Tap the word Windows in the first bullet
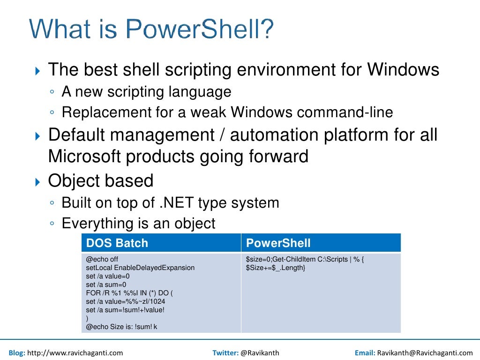pyautogui.click(x=403, y=70)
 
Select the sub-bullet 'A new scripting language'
pyautogui.click(x=146, y=91)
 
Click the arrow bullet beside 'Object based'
pyautogui.click(x=38, y=181)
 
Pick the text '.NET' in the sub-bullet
pyautogui.click(x=175, y=202)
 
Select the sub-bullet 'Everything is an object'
pyautogui.click(x=138, y=223)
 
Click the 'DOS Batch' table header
pyautogui.click(x=117, y=243)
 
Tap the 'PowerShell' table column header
pyautogui.click(x=278, y=243)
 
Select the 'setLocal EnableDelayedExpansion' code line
pyautogui.click(x=140, y=268)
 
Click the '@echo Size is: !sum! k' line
pyautogui.click(x=121, y=327)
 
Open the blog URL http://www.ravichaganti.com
pyautogui.click(x=75, y=352)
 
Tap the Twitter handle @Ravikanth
pyautogui.click(x=259, y=352)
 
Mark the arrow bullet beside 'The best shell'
pyautogui.click(x=38, y=71)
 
